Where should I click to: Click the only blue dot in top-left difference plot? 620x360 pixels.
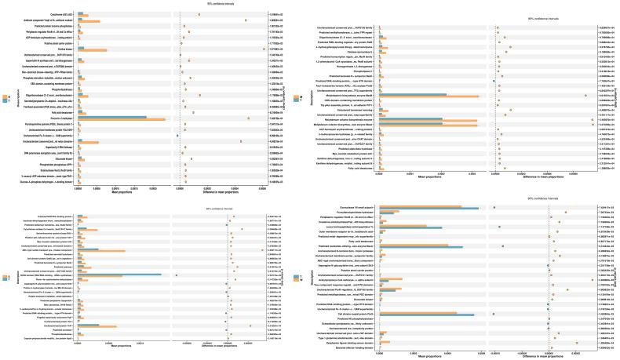[178, 136]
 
